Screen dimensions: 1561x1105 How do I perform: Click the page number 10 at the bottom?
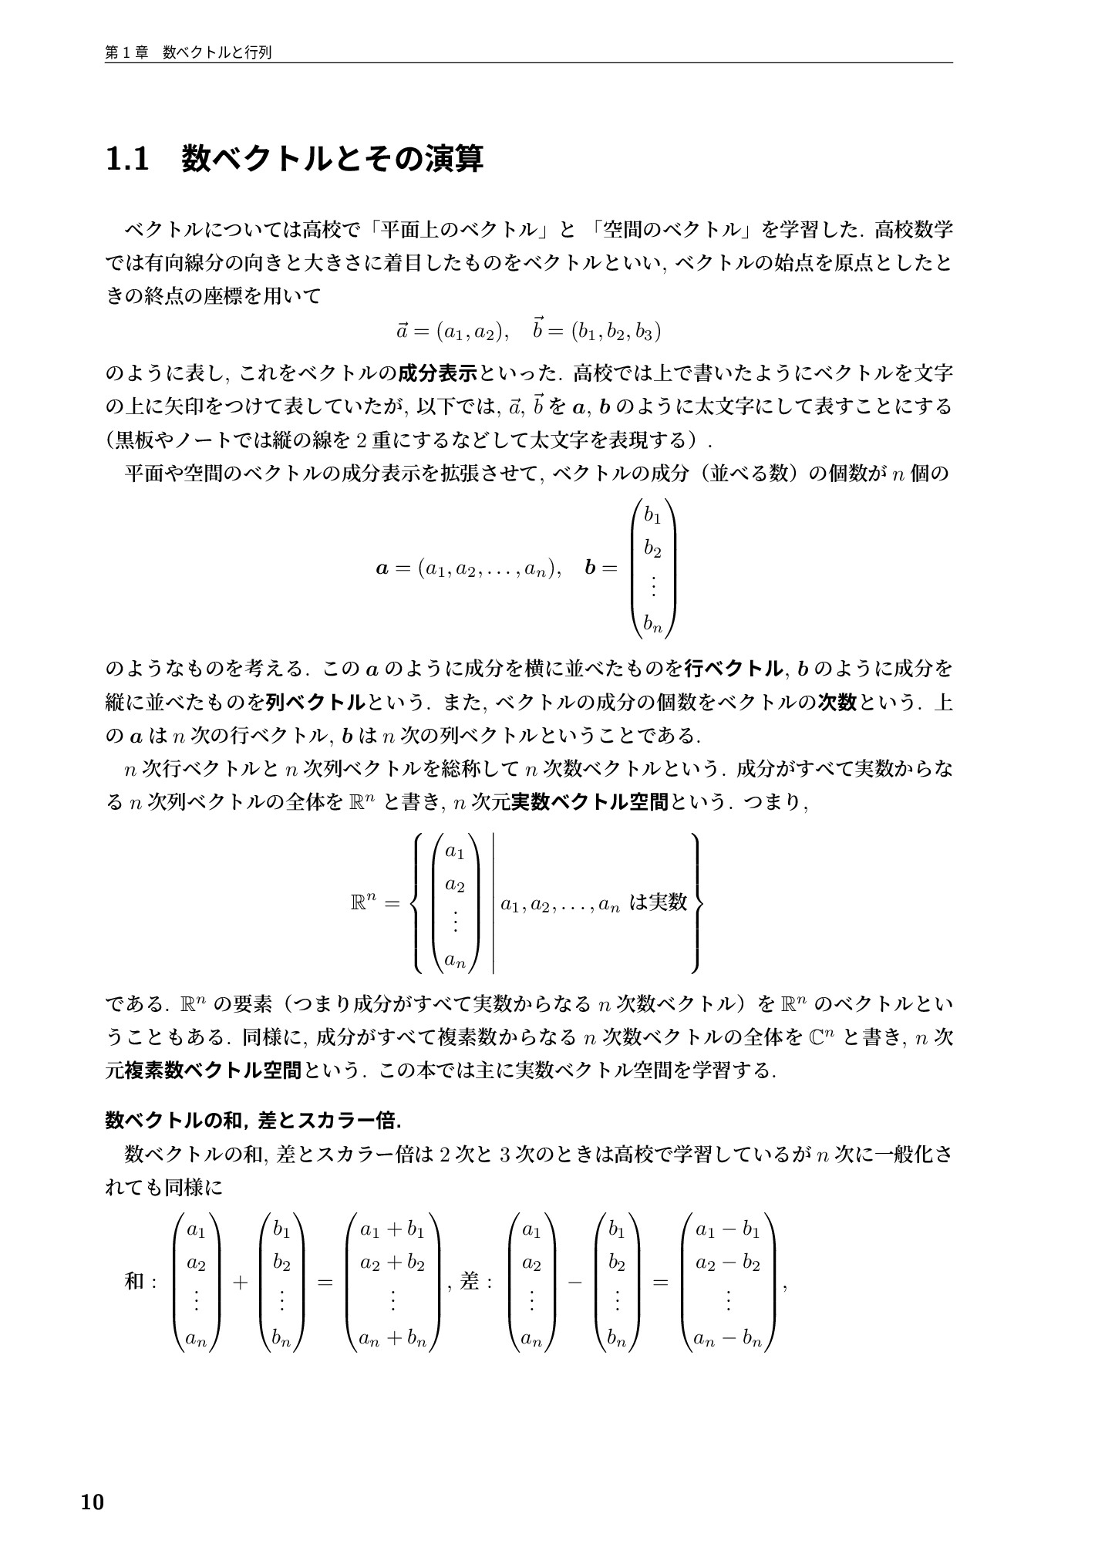tap(92, 1502)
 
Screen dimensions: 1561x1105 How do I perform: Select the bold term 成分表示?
tap(438, 374)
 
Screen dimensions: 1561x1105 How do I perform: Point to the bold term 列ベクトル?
tap(315, 702)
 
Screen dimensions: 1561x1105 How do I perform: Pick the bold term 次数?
tap(837, 702)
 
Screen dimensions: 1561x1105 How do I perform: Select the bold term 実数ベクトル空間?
tap(590, 802)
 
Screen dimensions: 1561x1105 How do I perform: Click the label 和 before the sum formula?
tap(134, 1282)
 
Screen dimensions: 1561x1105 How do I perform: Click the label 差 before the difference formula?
tap(470, 1282)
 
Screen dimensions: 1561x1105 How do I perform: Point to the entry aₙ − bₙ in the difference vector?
tap(727, 1339)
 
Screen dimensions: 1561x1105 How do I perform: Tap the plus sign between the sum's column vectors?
tap(240, 1283)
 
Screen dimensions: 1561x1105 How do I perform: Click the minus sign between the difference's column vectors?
tap(574, 1283)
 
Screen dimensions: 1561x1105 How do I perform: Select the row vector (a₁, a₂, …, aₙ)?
tap(483, 569)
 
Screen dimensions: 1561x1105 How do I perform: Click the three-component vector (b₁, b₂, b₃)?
tap(615, 332)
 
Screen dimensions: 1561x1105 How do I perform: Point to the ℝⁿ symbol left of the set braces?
tap(362, 902)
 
